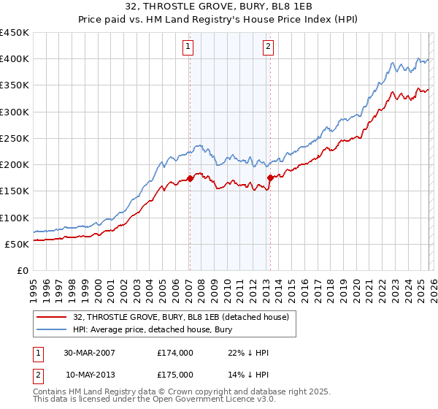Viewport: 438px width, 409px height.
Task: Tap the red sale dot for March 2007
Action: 190,177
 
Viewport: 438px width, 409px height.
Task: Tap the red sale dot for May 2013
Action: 269,177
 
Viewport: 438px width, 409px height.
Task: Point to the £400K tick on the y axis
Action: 15,59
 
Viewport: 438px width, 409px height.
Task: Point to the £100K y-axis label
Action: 15,218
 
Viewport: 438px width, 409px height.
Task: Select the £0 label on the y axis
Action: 22,271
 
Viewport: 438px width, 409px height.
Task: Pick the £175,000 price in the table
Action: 174,374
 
